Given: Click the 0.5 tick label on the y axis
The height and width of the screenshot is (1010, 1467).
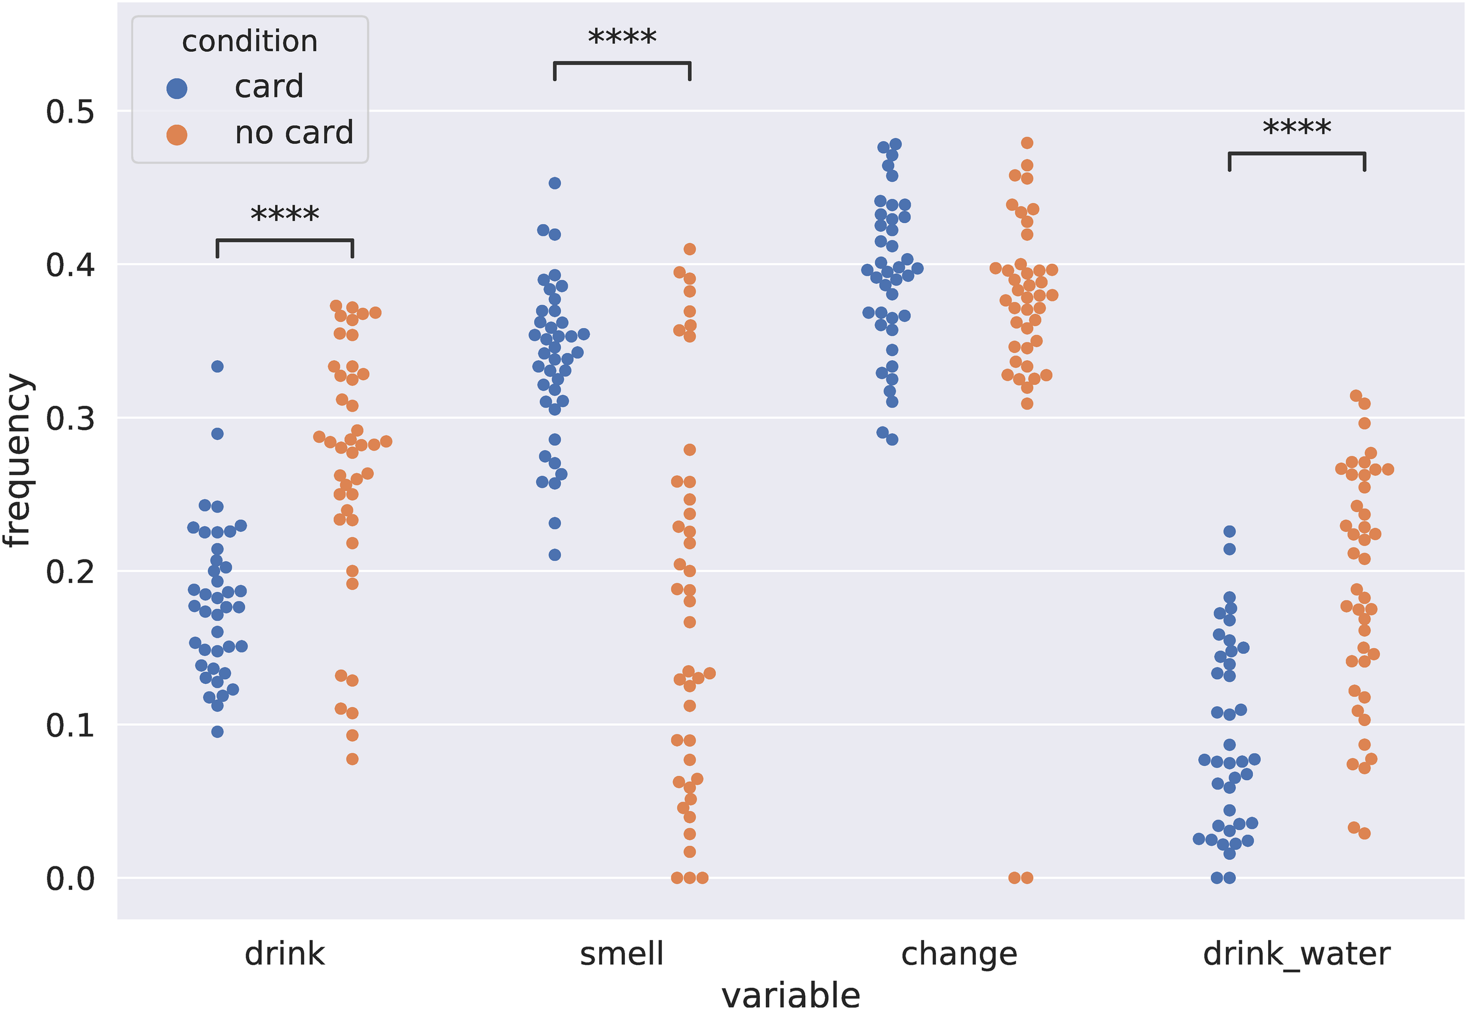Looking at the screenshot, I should pos(70,112).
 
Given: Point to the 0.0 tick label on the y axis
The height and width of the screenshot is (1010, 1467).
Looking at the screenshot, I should pos(70,879).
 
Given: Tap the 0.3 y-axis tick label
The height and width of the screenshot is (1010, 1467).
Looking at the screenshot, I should pos(70,419).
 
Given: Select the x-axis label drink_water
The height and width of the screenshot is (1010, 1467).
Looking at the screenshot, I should pos(1296,954).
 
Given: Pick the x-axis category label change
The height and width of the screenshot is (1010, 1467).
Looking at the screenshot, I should pos(959,954).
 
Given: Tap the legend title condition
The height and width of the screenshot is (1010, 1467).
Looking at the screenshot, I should pos(249,42).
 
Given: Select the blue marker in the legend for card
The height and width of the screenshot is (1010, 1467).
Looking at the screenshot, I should pos(177,88).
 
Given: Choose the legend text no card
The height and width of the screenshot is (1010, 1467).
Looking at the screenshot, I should pos(294,133).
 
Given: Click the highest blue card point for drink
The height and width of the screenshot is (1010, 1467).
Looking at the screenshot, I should pos(217,367).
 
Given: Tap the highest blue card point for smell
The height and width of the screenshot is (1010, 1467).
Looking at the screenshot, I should pos(555,184).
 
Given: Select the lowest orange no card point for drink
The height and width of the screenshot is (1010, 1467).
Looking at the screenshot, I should pos(352,759).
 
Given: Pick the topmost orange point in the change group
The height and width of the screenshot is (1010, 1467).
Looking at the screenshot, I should pos(1027,143).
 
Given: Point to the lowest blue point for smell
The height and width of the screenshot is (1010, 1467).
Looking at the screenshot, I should pos(555,555).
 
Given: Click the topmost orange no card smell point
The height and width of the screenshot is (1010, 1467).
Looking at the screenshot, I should pos(689,249).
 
